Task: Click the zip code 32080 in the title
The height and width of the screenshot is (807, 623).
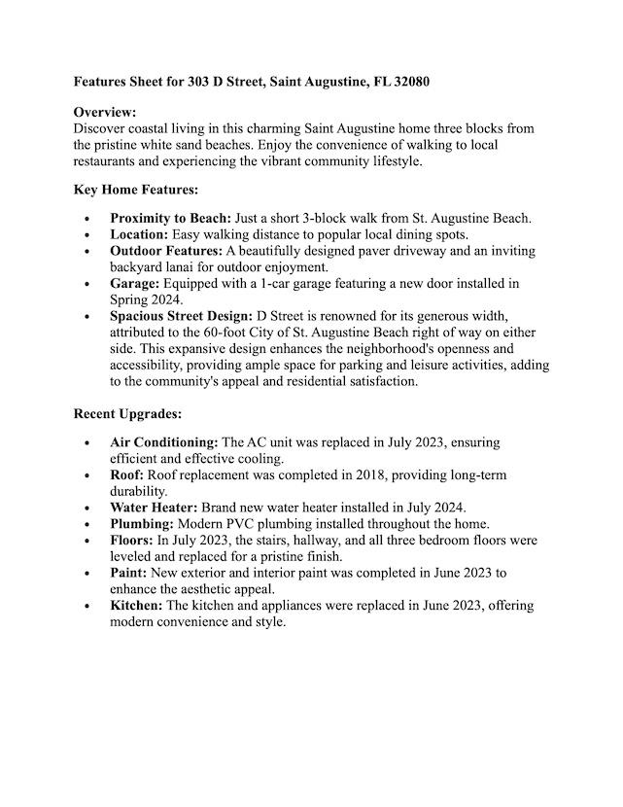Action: tap(408, 83)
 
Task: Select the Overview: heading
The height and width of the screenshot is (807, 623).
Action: tap(105, 113)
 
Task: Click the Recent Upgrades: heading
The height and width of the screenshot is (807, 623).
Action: tap(127, 414)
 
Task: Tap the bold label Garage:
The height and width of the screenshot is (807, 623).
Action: tap(135, 284)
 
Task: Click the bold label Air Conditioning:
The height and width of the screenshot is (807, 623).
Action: tap(164, 442)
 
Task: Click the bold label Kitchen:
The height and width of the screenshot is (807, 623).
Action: tap(137, 606)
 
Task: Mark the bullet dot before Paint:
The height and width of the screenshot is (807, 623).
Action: tap(88, 574)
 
